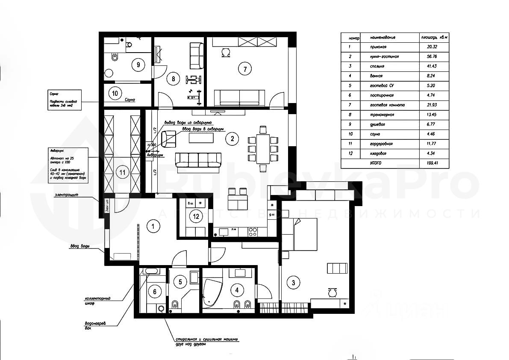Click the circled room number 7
tap(244, 68)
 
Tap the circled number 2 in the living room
tap(232, 138)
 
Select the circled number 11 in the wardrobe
tap(122, 173)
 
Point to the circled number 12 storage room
tap(196, 216)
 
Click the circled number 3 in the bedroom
tap(293, 282)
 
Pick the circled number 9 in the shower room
tap(138, 65)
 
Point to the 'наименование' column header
tap(383, 38)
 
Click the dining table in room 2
tap(262, 148)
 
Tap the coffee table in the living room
tap(201, 138)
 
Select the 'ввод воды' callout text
tap(79, 246)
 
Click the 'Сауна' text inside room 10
tap(130, 100)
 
